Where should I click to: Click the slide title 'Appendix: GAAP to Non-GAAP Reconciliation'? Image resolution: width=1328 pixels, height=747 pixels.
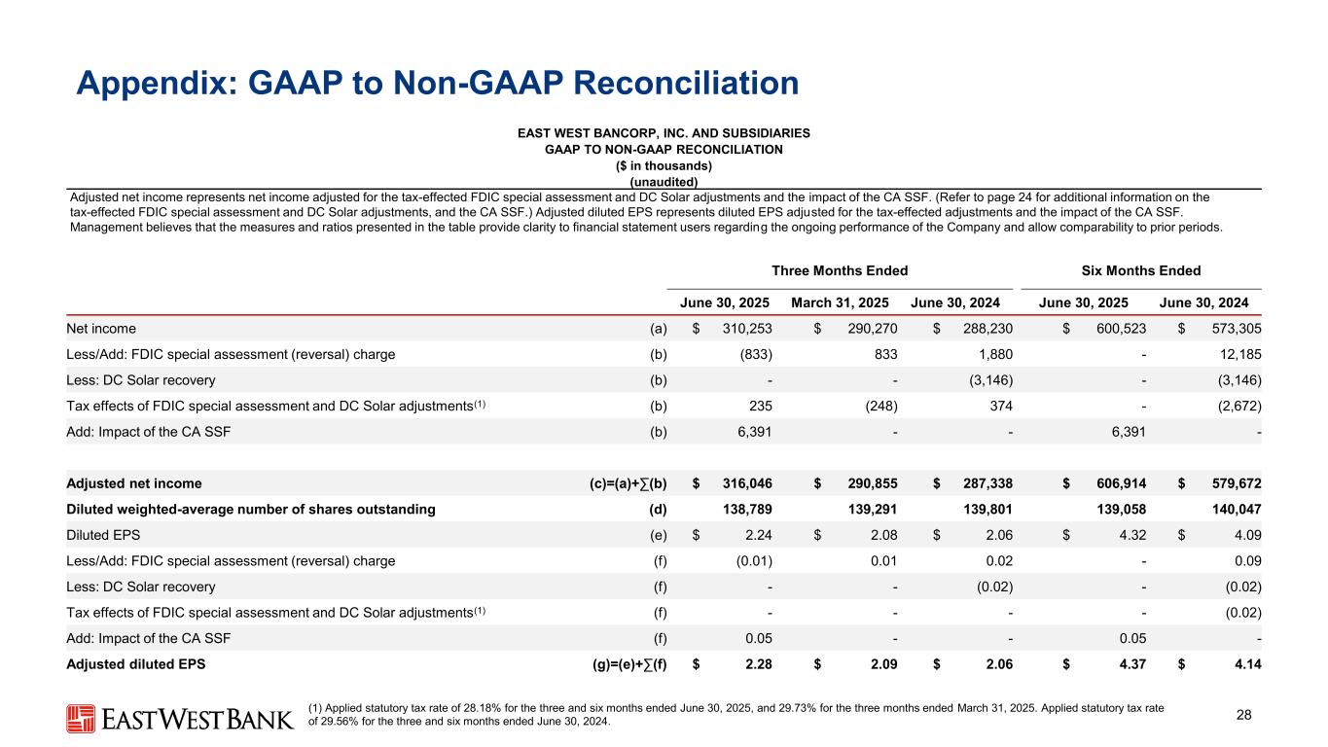pyautogui.click(x=438, y=83)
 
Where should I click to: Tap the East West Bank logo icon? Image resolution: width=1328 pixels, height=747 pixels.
pyautogui.click(x=80, y=719)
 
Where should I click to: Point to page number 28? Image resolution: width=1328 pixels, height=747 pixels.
pyautogui.click(x=1243, y=717)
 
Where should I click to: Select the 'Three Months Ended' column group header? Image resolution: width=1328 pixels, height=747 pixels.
pyautogui.click(x=840, y=270)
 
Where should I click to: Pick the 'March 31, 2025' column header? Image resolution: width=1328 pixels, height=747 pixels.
pyautogui.click(x=842, y=302)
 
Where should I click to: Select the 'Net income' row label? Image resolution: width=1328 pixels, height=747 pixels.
pyautogui.click(x=101, y=329)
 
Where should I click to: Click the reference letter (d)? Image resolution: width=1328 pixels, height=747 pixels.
pyautogui.click(x=658, y=508)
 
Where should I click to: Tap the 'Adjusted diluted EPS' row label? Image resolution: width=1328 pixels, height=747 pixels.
pyautogui.click(x=136, y=664)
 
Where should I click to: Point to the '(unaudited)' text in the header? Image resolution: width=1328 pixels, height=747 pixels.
pyautogui.click(x=664, y=181)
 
